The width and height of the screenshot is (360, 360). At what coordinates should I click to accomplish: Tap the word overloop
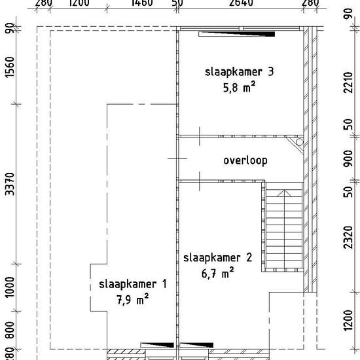pyautogui.click(x=245, y=160)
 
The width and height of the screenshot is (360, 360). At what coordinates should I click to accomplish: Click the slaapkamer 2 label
pyautogui.click(x=218, y=257)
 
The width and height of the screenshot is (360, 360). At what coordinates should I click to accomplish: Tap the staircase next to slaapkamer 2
pyautogui.click(x=283, y=229)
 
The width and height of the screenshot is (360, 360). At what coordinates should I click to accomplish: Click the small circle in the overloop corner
pyautogui.click(x=300, y=142)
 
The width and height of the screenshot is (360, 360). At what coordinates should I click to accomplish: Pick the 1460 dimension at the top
pyautogui.click(x=142, y=3)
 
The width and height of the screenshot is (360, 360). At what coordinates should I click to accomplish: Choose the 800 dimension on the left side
pyautogui.click(x=9, y=331)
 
